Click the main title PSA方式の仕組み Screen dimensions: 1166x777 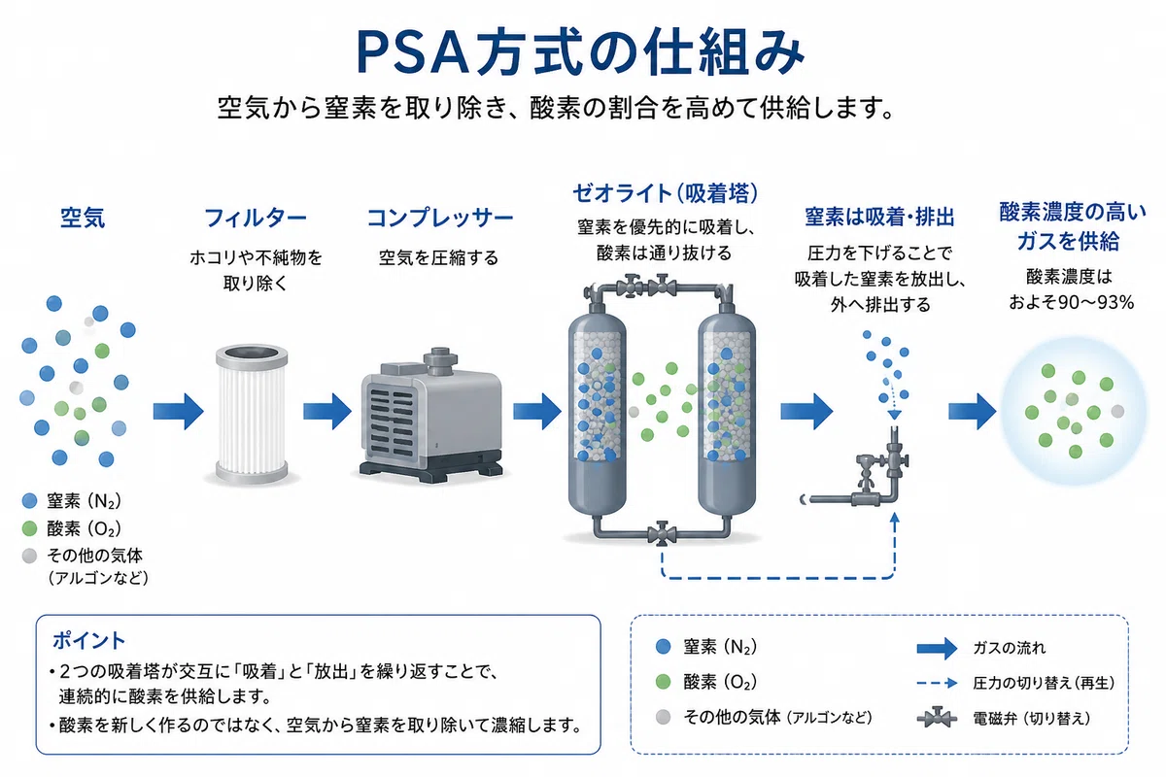(580, 52)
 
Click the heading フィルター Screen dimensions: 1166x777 (255, 218)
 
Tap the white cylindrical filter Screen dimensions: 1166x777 (252, 414)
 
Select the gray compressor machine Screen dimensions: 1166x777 (432, 416)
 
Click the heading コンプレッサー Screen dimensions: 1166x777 (440, 218)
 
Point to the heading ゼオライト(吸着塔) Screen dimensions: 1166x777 (666, 193)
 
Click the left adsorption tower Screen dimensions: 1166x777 (597, 417)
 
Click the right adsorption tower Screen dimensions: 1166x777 (727, 417)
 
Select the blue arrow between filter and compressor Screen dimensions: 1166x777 (327, 412)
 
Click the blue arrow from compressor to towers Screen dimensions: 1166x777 (537, 412)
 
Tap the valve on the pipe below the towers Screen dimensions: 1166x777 (662, 533)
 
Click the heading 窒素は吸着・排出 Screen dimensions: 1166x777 (879, 217)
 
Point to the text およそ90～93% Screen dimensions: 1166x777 (1071, 302)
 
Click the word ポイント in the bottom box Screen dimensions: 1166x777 (89, 641)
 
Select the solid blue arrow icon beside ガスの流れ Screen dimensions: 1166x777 (937, 649)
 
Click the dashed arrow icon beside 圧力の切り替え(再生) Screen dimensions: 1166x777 (937, 684)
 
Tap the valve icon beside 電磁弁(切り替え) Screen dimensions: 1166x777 (937, 718)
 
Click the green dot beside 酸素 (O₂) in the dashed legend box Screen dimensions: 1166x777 (663, 682)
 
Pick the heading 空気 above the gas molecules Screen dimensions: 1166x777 (83, 218)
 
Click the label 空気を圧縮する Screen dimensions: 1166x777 (438, 257)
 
